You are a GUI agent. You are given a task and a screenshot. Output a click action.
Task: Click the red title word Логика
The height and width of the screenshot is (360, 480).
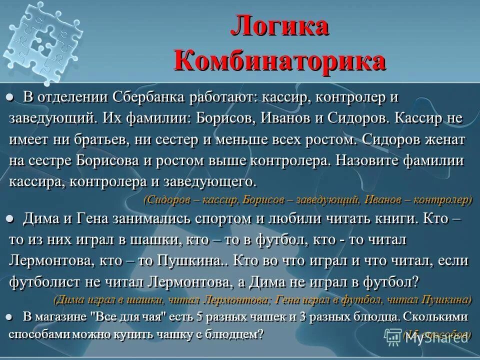[x=280, y=27]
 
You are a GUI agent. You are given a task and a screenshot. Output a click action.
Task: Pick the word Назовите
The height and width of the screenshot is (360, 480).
[x=369, y=161]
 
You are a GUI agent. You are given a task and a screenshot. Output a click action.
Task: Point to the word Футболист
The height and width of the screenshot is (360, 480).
[x=44, y=281]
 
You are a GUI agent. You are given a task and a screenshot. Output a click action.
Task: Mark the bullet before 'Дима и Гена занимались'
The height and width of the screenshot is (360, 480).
[x=11, y=219]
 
